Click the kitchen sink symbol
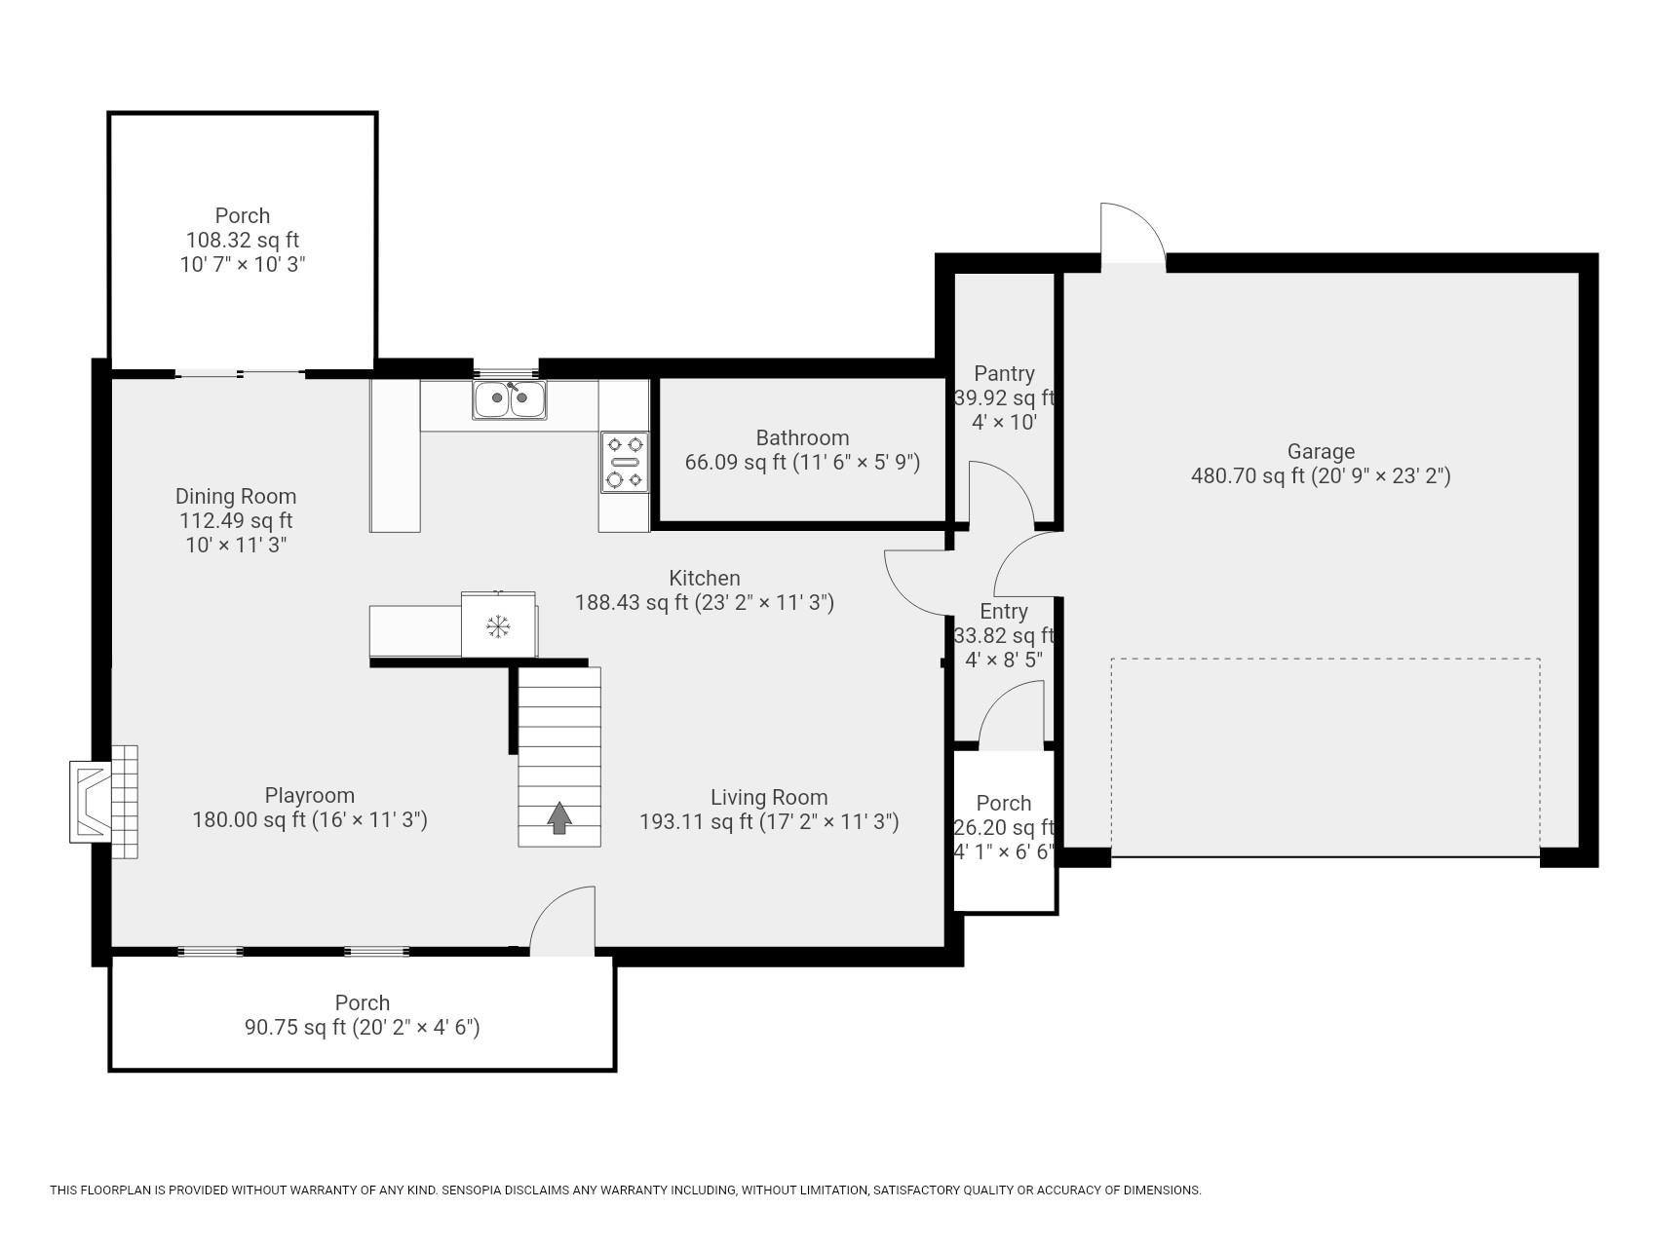[x=510, y=398]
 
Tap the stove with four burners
[x=625, y=461]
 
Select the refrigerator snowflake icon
[x=498, y=626]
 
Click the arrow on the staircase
[x=558, y=817]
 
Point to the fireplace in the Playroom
[x=102, y=802]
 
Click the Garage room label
[x=1321, y=451]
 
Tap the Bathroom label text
[x=802, y=437]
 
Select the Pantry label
[x=1004, y=373]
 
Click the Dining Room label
[x=236, y=496]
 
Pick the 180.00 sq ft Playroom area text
[x=310, y=819]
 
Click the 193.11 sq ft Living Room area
[x=768, y=821]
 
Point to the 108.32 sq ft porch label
[x=243, y=240]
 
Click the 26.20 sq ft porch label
[x=1004, y=827]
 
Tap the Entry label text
[x=1004, y=611]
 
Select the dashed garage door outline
[x=1326, y=660]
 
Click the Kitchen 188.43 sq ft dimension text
[x=704, y=602]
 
